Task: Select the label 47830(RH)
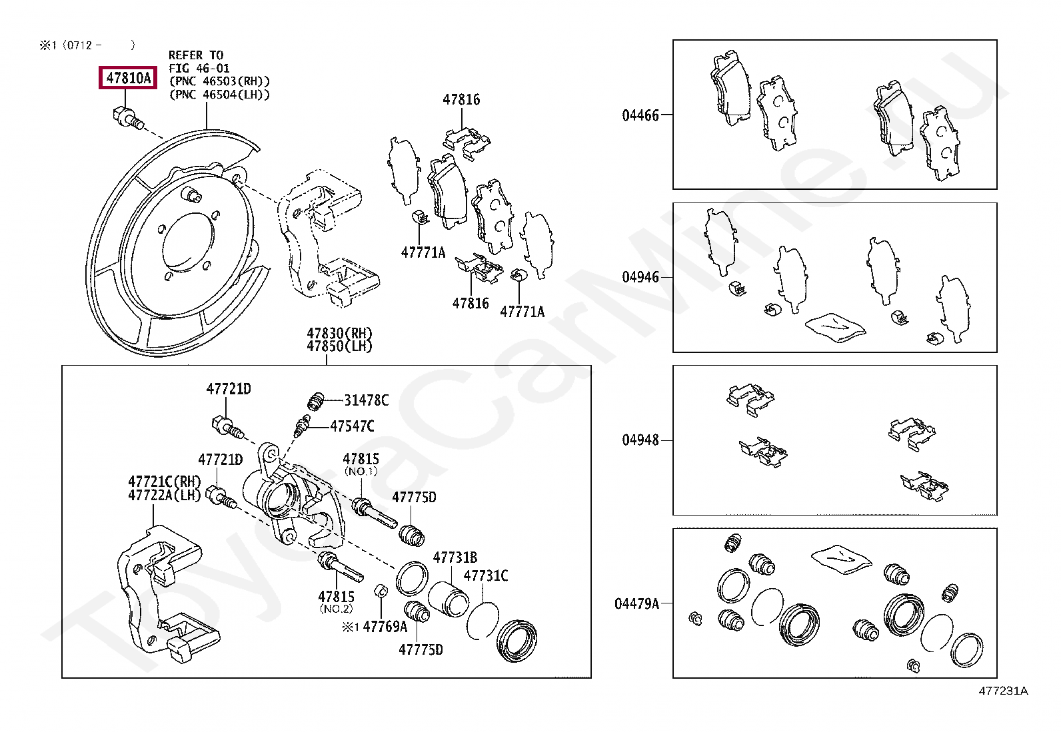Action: click(339, 333)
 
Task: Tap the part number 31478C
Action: click(366, 400)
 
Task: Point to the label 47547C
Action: click(352, 426)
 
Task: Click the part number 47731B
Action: click(455, 558)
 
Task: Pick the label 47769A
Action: click(385, 627)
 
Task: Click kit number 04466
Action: click(640, 115)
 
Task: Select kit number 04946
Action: click(640, 277)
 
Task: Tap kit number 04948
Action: click(640, 440)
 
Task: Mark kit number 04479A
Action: click(636, 603)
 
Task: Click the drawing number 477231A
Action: click(1003, 691)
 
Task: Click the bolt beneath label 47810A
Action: click(126, 118)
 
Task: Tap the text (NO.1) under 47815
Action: click(361, 472)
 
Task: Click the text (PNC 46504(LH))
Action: click(219, 95)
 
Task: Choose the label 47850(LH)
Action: click(339, 346)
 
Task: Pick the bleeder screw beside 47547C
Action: click(303, 425)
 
